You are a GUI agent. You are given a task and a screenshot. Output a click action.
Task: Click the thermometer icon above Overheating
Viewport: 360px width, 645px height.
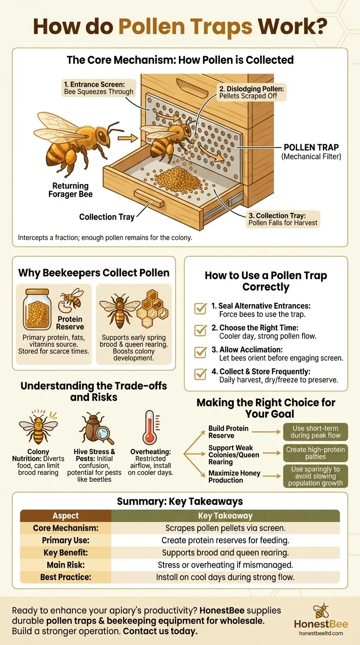(x=150, y=427)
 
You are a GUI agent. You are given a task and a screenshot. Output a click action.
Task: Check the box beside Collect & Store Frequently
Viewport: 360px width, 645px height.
(x=200, y=374)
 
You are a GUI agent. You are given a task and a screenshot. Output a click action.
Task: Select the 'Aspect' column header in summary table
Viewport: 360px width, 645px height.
(x=66, y=516)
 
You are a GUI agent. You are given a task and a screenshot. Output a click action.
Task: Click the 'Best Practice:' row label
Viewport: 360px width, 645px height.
(x=66, y=577)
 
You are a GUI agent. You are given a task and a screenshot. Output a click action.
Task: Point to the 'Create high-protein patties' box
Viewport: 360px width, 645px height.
(x=315, y=453)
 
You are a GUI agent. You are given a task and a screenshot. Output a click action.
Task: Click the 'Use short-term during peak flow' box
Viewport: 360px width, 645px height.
(x=315, y=431)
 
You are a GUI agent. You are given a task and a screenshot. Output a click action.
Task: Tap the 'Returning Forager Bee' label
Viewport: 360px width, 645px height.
(x=70, y=190)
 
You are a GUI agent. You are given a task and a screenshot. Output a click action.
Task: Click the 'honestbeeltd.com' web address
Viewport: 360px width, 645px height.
(x=321, y=633)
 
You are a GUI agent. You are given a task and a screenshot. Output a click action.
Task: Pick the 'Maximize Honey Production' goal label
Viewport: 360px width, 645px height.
(x=234, y=477)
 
